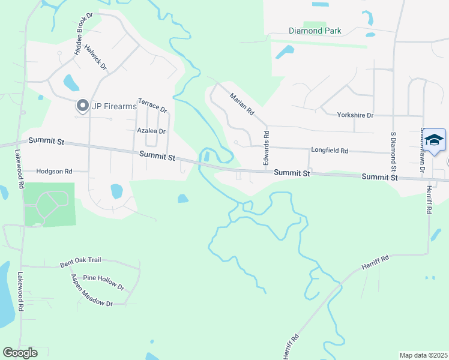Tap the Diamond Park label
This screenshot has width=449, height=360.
pos(315,31)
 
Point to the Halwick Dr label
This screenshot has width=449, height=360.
pos(95,57)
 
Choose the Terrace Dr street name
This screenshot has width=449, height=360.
pos(152,106)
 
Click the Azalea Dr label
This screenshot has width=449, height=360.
pos(151,130)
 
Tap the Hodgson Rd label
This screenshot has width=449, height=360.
pos(54,171)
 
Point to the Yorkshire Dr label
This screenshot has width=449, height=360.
pos(355,115)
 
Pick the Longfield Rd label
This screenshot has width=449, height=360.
pos(330,151)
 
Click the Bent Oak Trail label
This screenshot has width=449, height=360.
pos(80,262)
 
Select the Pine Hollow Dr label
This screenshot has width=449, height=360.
pos(103,282)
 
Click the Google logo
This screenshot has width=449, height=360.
pos(20,353)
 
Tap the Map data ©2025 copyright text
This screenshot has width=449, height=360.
pos(423,355)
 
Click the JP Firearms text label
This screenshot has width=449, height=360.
pos(114,107)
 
